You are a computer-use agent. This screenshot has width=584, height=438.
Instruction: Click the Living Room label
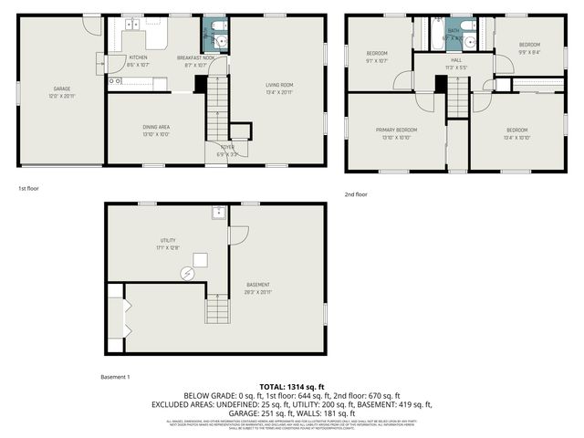coord(278,88)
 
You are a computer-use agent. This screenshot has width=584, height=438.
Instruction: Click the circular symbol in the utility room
coord(187,271)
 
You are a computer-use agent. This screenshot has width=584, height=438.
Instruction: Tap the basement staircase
coord(217,312)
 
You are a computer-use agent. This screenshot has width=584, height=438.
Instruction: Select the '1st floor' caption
coord(28,188)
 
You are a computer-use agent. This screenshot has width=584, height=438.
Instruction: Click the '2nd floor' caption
coord(356,193)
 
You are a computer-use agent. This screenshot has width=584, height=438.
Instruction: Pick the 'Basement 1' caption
coord(115,377)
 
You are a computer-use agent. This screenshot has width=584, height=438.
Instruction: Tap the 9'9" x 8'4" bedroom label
coord(529,47)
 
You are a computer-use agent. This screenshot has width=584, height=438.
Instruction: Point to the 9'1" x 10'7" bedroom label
coord(376,57)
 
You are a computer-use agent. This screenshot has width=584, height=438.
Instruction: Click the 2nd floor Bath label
coord(454,34)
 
